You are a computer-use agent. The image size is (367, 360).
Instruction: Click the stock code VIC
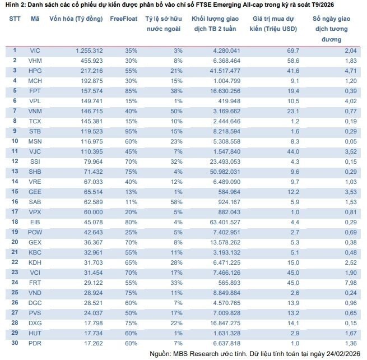tap(35, 50)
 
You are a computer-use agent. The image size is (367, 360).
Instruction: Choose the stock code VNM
tap(35, 111)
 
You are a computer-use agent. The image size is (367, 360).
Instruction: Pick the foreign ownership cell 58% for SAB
tap(178, 201)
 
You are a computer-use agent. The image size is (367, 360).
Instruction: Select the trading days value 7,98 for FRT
tap(336, 283)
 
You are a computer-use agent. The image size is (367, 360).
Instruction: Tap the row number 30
tap(15, 343)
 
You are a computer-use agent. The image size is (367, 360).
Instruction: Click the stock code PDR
tap(35, 343)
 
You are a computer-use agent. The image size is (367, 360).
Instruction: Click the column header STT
tap(15, 19)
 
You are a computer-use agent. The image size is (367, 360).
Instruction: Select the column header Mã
tap(35, 19)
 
